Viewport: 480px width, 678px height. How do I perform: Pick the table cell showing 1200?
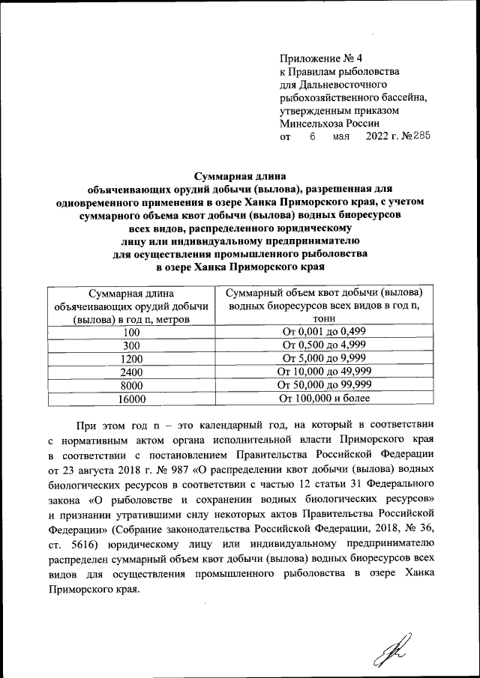click(132, 359)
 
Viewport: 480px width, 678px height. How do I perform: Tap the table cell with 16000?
click(132, 399)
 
